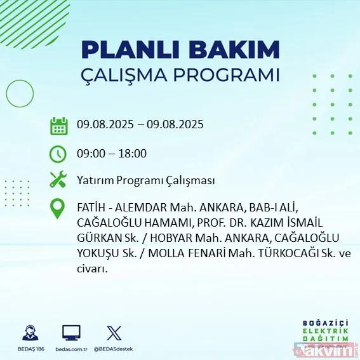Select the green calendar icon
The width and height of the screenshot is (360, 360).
click(x=59, y=125)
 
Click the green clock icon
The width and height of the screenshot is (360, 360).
click(x=58, y=154)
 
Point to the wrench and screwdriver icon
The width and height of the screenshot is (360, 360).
click(x=58, y=180)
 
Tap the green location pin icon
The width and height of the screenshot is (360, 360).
click(x=58, y=208)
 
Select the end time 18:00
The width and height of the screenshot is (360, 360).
click(x=133, y=153)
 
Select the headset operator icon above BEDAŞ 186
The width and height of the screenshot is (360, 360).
click(x=29, y=331)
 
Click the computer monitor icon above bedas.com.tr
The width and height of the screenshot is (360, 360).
click(x=71, y=331)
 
